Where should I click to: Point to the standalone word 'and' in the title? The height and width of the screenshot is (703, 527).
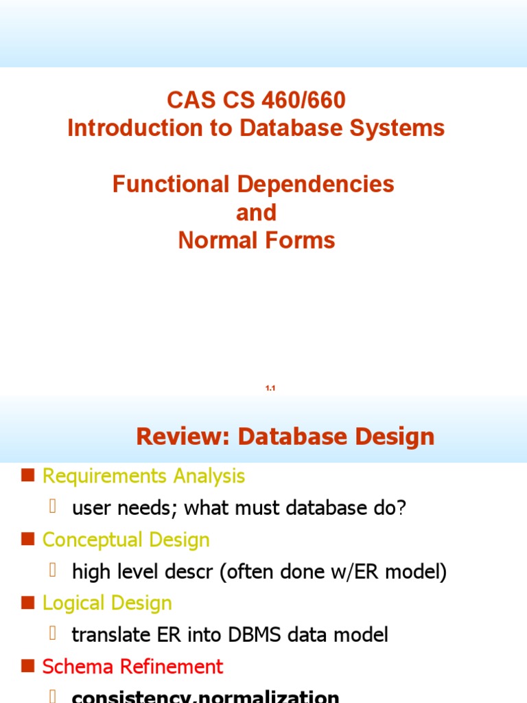tap(256, 212)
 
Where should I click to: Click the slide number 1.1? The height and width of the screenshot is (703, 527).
tap(270, 389)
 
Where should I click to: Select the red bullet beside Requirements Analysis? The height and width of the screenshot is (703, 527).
tap(27, 476)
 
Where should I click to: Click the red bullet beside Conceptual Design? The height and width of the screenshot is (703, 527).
tap(27, 540)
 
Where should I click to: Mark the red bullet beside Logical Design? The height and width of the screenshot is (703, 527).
tap(27, 603)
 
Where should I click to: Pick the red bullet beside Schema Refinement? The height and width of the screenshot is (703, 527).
tap(27, 666)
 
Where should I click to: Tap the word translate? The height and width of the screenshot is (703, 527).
tap(106, 634)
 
